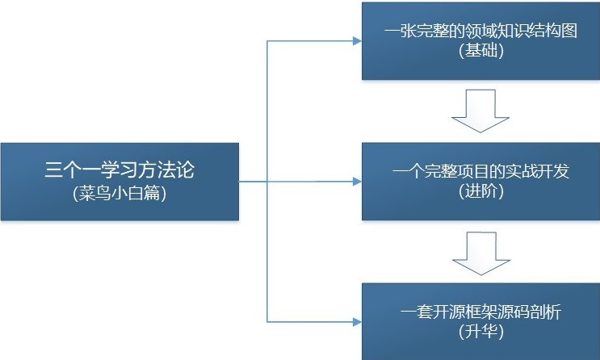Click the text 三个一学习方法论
(120, 170)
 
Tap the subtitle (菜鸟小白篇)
(120, 193)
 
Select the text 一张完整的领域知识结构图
(480, 31)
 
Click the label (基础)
(481, 50)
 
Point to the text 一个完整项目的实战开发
(481, 171)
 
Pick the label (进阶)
(481, 190)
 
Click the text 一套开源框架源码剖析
(481, 312)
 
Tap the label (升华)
(481, 331)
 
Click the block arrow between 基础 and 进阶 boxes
(480, 111)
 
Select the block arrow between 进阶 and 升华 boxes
(481, 253)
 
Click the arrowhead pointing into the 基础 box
(358, 41)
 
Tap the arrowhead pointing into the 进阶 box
(358, 182)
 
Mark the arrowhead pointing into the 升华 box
(358, 322)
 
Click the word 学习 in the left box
(120, 170)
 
